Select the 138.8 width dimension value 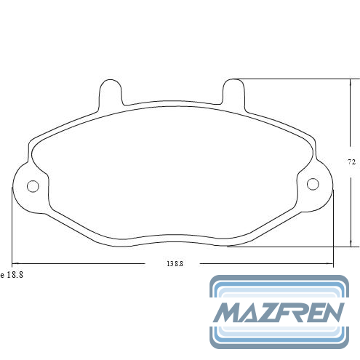point(175,264)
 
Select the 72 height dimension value point(351,162)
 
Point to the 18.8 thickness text point(15,275)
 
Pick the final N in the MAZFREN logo point(333,313)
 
